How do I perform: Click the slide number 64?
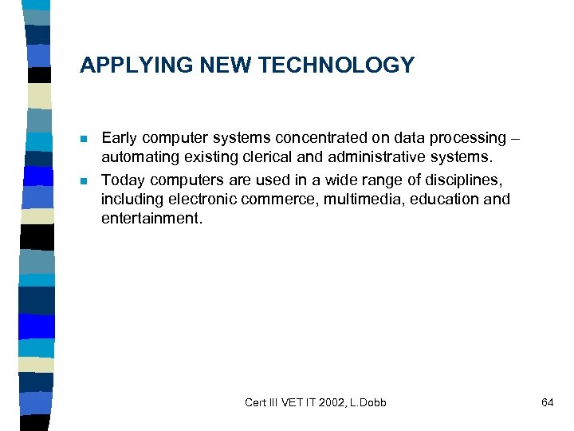pyautogui.click(x=547, y=402)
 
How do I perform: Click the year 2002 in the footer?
pyautogui.click(x=332, y=402)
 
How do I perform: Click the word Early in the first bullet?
pyautogui.click(x=120, y=138)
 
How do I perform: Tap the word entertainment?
pyautogui.click(x=151, y=218)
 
